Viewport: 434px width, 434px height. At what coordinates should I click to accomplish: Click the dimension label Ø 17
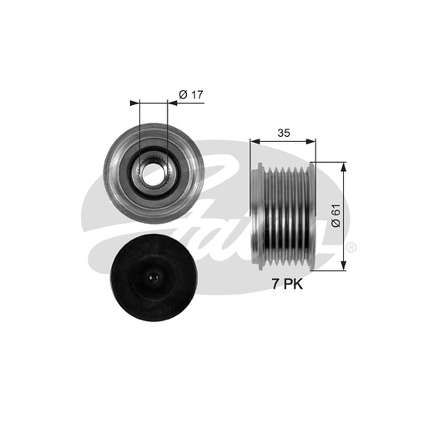point(191,94)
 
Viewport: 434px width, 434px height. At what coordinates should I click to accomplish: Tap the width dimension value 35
point(284,133)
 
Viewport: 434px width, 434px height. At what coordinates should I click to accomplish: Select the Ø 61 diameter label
point(336,215)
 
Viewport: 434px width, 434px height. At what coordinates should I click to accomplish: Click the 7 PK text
point(288,284)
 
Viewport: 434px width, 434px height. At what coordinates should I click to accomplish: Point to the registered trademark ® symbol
point(351,247)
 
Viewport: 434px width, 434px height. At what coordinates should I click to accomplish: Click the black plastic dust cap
point(154,278)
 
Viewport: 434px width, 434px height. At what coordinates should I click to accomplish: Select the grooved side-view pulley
point(283,216)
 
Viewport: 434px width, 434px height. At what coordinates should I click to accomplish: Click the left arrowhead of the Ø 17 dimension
point(134,103)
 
